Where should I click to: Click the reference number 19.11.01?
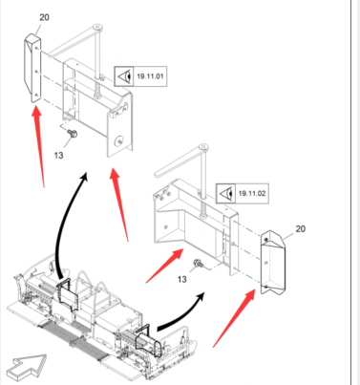coord(150,76)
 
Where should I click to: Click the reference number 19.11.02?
coord(252,193)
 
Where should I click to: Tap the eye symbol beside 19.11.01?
coord(125,76)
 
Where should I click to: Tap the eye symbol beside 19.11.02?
coord(226,193)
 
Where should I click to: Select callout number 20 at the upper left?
coord(44,17)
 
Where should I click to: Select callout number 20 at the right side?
coord(300,228)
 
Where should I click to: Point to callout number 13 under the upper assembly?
coord(58,156)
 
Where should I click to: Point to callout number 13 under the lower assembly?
coord(181,279)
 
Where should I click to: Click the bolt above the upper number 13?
coord(73,134)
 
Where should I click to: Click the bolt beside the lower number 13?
coord(198,264)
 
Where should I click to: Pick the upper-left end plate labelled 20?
coord(33,68)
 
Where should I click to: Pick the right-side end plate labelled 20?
coord(273,263)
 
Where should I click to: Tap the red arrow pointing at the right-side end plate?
coord(234,318)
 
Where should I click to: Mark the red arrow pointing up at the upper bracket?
coord(119,204)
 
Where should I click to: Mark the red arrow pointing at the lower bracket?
coord(164,266)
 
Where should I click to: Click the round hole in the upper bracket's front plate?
coord(119,141)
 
